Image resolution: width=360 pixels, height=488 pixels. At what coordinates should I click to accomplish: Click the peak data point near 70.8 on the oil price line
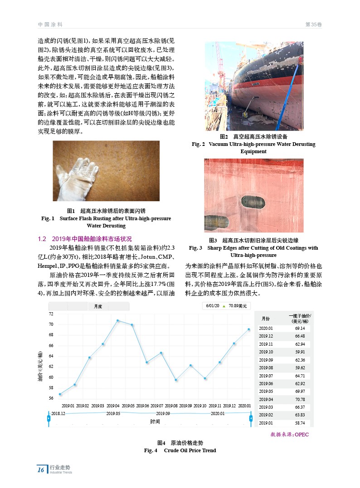(x=118, y=320)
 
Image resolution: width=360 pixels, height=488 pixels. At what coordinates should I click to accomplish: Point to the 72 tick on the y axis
(x=51, y=314)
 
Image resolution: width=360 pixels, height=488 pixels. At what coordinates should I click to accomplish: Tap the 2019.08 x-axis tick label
(x=171, y=406)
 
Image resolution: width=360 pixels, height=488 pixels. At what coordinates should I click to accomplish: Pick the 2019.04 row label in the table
(x=266, y=399)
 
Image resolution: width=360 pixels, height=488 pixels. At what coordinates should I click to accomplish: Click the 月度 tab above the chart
(x=98, y=307)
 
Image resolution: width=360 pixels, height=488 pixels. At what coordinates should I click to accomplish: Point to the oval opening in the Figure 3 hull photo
(x=251, y=202)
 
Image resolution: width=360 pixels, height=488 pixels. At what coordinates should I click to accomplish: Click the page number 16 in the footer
(x=41, y=470)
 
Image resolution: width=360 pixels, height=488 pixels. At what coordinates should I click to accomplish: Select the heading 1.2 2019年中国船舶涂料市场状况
(x=84, y=239)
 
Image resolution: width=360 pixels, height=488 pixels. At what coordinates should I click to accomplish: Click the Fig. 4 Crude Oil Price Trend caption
(x=180, y=450)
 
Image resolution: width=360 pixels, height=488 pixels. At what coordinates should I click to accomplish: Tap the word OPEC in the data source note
(x=301, y=435)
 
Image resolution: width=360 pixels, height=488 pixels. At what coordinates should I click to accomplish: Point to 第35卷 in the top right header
(x=313, y=24)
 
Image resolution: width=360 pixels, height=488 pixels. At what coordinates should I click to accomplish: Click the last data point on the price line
(x=249, y=329)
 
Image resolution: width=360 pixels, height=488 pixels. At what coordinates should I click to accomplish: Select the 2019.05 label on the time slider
(x=113, y=413)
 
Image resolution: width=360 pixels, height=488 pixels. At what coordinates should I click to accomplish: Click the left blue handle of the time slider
(x=49, y=418)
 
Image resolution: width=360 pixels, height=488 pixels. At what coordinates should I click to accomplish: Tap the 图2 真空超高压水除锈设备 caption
(x=253, y=136)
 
